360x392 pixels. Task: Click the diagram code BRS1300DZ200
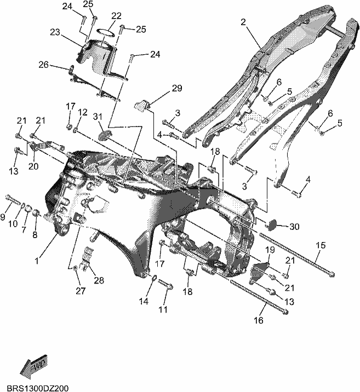[x=37, y=388]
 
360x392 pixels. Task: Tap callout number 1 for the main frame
[x=37, y=261]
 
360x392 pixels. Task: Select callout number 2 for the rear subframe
[x=243, y=22]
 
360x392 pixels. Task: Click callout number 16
[x=259, y=320]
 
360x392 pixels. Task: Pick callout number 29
[x=177, y=88]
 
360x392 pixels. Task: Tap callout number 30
[x=294, y=227]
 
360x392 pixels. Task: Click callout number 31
[x=98, y=116]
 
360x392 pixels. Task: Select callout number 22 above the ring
[x=116, y=16]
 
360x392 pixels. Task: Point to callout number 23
[x=55, y=32]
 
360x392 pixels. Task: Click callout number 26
[x=43, y=65]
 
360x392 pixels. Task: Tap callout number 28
[x=99, y=280]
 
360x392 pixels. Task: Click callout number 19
[x=270, y=250]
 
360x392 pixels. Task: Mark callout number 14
[x=144, y=302]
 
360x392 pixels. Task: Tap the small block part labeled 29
[x=142, y=105]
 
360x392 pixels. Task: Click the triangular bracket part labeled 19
[x=259, y=271]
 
